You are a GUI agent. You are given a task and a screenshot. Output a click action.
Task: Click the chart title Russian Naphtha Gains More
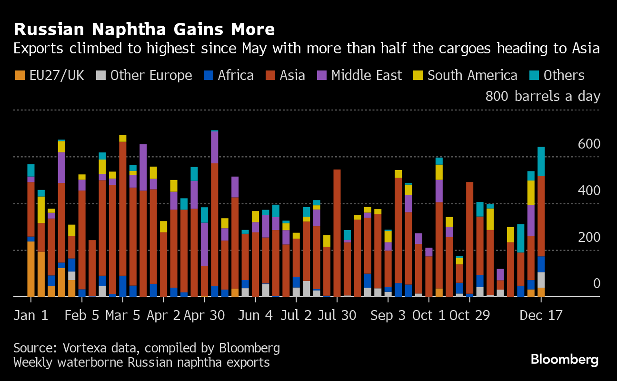144,30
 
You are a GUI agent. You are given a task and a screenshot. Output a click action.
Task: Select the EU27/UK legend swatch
20,75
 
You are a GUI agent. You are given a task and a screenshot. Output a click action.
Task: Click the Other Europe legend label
151,75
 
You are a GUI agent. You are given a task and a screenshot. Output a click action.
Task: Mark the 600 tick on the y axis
589,144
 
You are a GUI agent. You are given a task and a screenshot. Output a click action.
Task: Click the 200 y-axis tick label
589,237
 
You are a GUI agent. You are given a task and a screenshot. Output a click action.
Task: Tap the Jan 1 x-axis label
31,316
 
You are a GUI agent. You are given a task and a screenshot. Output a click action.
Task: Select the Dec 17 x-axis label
541,316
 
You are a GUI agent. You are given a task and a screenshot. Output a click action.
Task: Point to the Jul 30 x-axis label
337,316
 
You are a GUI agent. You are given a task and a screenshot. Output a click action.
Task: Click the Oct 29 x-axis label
470,316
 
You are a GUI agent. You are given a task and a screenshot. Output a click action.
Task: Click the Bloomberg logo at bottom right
565,360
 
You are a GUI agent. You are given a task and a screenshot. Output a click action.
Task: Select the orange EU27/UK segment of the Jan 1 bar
31,269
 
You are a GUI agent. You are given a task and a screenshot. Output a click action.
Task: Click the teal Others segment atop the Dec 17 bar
541,161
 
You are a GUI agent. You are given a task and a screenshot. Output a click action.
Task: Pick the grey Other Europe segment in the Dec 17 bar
541,280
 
